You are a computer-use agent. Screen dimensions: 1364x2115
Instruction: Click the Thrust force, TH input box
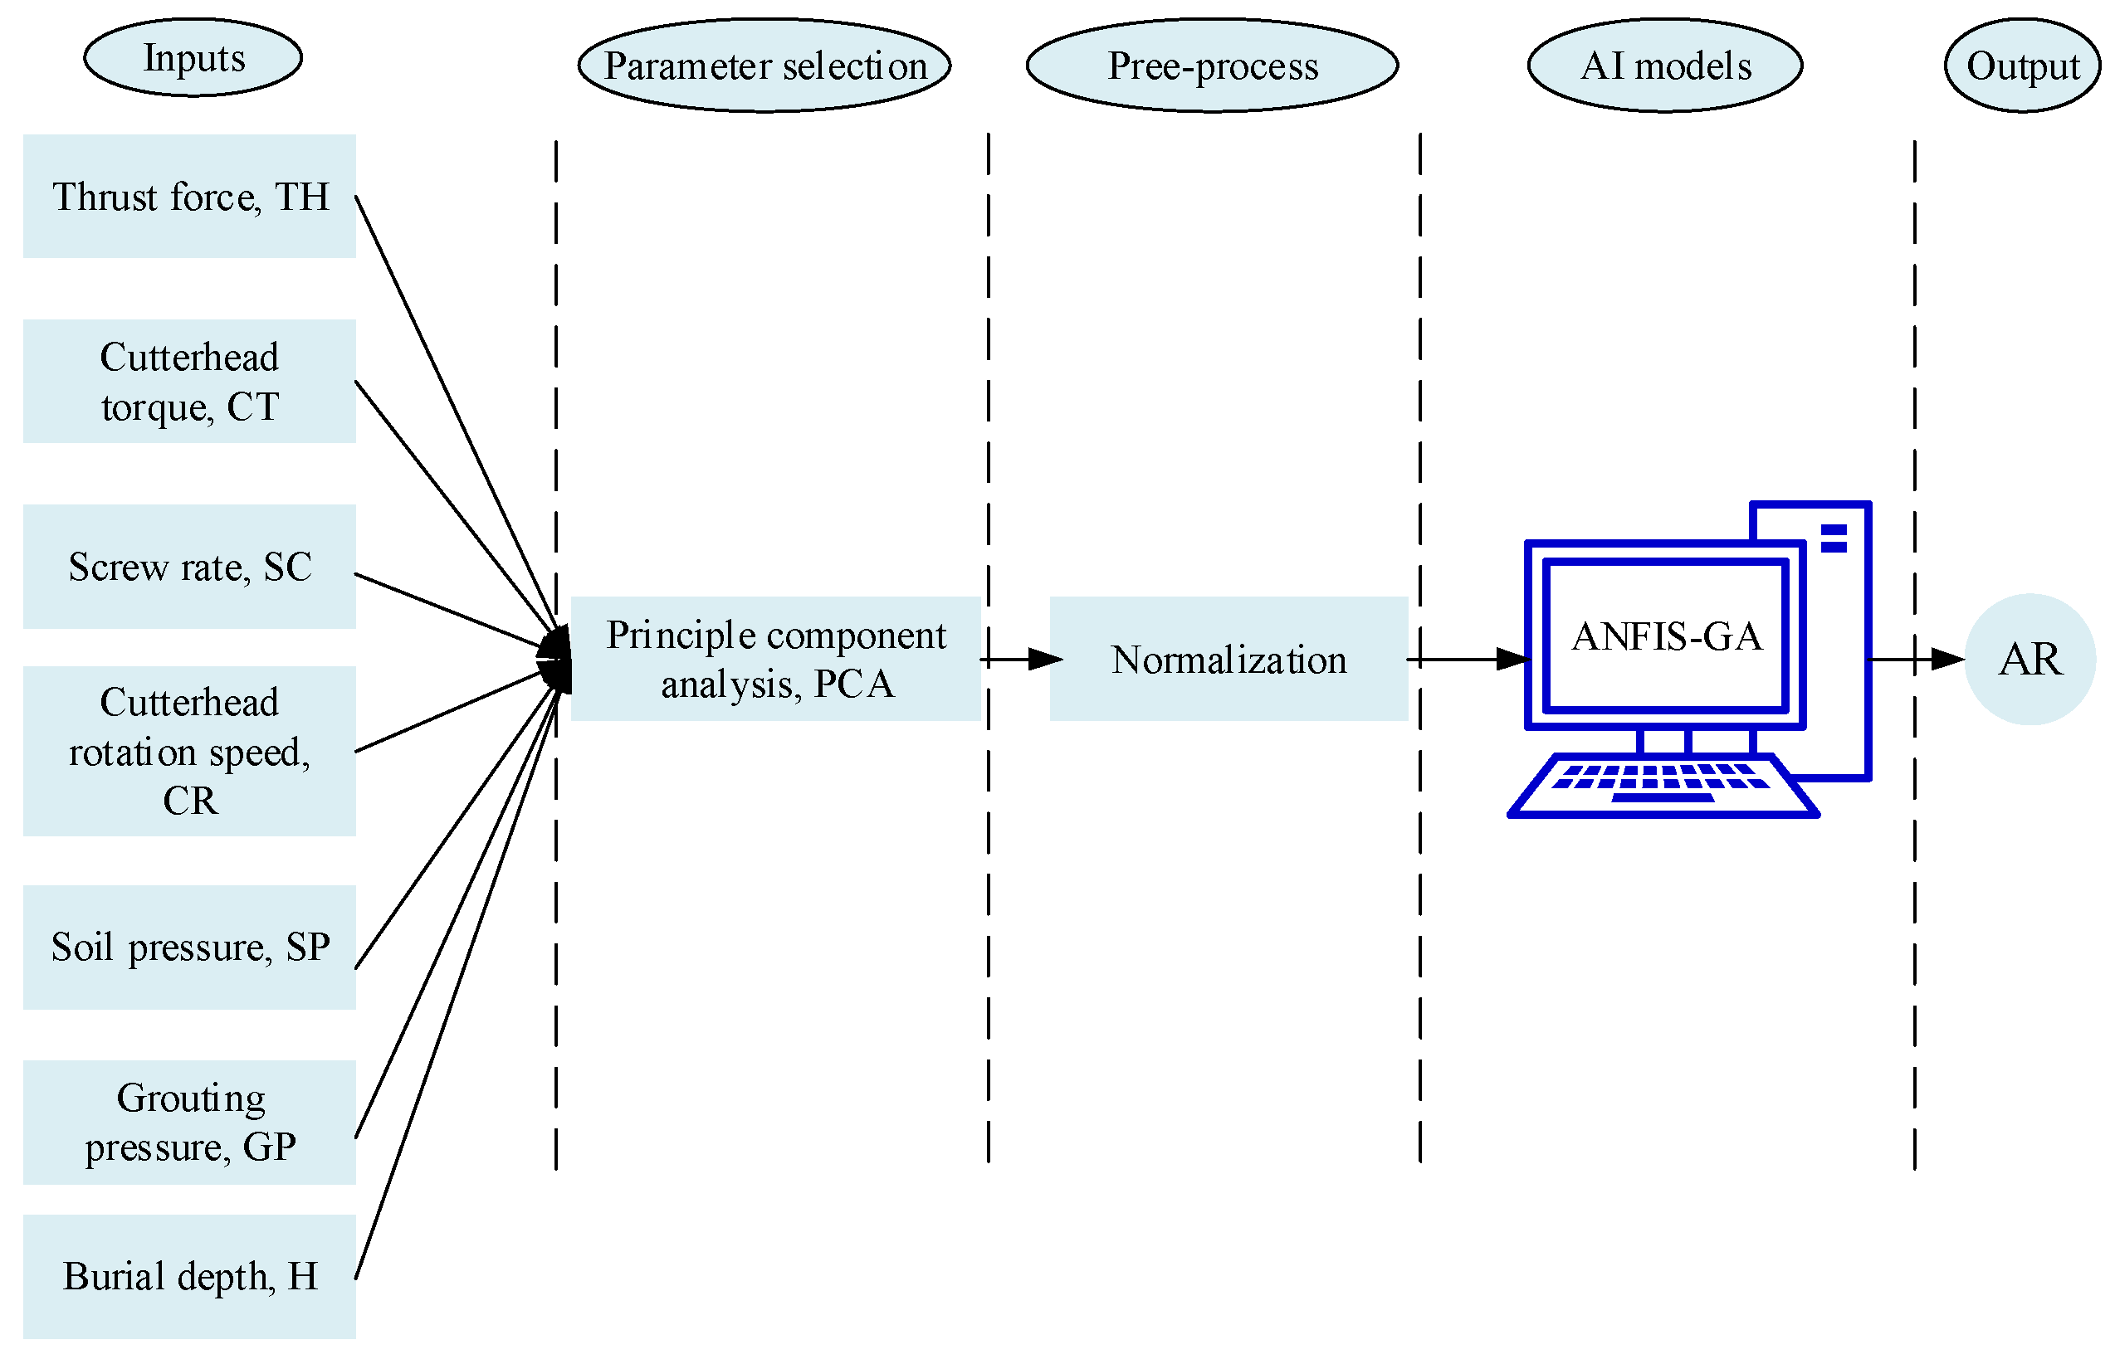[188, 196]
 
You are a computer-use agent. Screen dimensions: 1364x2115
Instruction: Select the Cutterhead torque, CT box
[188, 381]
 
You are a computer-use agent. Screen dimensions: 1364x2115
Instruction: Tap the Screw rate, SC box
[188, 566]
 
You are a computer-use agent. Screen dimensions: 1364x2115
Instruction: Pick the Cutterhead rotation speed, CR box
[188, 750]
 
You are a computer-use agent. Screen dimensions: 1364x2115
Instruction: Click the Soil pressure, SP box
[188, 946]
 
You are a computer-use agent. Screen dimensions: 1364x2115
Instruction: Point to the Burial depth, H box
[188, 1275]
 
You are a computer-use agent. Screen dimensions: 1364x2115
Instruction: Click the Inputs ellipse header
[193, 57]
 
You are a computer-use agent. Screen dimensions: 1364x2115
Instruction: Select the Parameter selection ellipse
[764, 66]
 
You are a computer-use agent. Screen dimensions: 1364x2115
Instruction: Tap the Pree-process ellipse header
[1211, 66]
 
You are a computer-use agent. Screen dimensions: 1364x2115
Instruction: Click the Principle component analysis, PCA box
[775, 658]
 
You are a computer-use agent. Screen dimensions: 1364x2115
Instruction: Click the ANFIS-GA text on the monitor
[1665, 636]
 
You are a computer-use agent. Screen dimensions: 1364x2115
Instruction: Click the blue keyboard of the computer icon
[1663, 785]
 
